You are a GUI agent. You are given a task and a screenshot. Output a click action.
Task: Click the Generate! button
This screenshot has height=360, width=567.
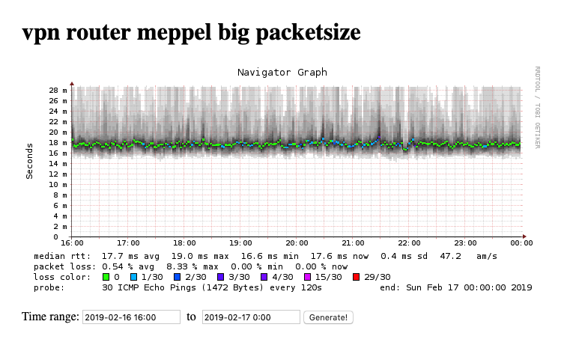(328, 317)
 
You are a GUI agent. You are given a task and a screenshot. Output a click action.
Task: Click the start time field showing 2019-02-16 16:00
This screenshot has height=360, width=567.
(131, 317)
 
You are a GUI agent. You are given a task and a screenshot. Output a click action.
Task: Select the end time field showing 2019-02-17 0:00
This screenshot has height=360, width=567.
(251, 317)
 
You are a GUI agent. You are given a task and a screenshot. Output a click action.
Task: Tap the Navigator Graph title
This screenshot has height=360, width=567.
(282, 73)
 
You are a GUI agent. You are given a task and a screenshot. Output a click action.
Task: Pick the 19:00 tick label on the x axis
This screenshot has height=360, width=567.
(241, 243)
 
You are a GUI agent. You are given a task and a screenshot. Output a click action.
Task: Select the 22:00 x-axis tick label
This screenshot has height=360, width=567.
(410, 243)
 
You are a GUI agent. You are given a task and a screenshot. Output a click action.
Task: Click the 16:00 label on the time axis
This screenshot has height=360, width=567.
(72, 243)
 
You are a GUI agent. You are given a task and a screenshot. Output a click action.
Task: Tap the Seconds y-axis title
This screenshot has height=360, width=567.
(30, 161)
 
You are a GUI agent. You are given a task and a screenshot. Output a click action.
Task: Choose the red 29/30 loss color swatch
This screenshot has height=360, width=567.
(356, 277)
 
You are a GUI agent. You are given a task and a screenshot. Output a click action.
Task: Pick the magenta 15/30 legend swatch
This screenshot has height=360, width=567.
(306, 277)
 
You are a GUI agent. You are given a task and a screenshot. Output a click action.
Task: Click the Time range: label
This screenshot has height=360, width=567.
(51, 317)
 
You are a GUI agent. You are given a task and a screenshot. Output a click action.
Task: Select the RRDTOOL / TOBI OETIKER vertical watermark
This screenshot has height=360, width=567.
(537, 107)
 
